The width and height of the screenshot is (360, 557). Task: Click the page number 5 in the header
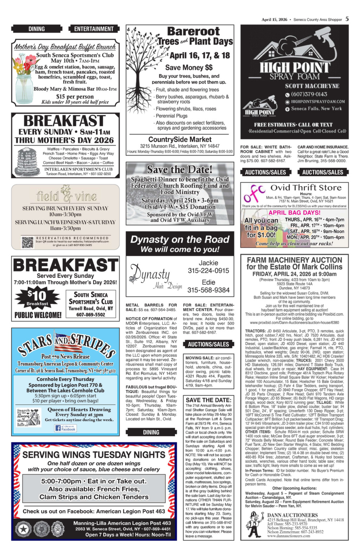347,19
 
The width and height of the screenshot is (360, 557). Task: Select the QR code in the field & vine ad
27,242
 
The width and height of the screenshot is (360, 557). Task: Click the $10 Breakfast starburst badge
37,297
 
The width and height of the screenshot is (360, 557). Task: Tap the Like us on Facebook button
65,428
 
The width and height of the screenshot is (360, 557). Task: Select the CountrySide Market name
180,139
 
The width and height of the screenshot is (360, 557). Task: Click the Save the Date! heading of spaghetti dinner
180,170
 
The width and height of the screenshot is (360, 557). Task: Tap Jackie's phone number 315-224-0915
208,271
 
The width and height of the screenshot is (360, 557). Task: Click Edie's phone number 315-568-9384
208,290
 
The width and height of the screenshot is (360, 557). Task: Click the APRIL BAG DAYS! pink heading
294,213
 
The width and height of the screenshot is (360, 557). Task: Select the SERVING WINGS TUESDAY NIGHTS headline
94,455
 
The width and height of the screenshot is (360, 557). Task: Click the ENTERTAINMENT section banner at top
94,29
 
